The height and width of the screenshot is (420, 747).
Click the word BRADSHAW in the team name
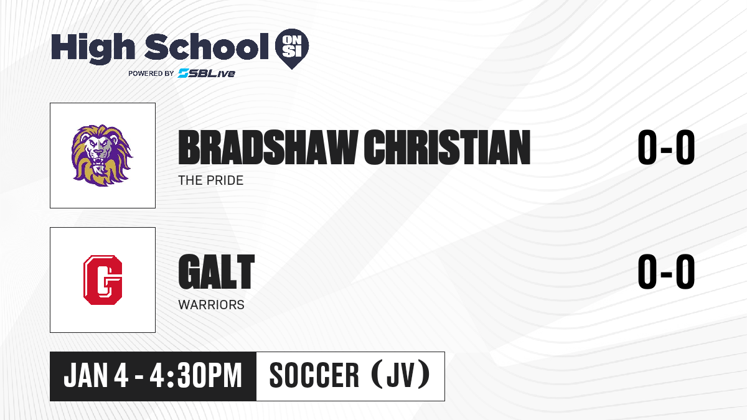point(268,147)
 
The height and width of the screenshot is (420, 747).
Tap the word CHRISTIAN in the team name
point(447,147)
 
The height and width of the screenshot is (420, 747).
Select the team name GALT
point(217,272)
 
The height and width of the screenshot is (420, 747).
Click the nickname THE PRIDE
point(211,180)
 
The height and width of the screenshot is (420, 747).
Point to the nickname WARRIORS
point(212,305)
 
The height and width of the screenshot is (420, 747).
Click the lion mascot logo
point(102,156)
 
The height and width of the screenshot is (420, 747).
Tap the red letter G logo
point(103,280)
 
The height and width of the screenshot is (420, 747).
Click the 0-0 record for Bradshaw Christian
point(666,147)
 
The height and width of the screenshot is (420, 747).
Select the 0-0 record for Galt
point(666,272)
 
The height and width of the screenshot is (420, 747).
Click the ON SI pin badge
point(292,49)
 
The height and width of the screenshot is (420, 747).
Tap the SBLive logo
point(207,73)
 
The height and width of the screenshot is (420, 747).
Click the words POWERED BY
point(151,73)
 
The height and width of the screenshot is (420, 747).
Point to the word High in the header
point(93,48)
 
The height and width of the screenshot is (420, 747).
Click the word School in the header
point(207,47)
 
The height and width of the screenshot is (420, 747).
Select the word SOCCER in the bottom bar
point(314,376)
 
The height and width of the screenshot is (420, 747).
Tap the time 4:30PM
point(195,376)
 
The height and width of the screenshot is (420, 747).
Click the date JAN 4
point(96,376)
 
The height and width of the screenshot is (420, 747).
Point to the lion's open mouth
point(99,162)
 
